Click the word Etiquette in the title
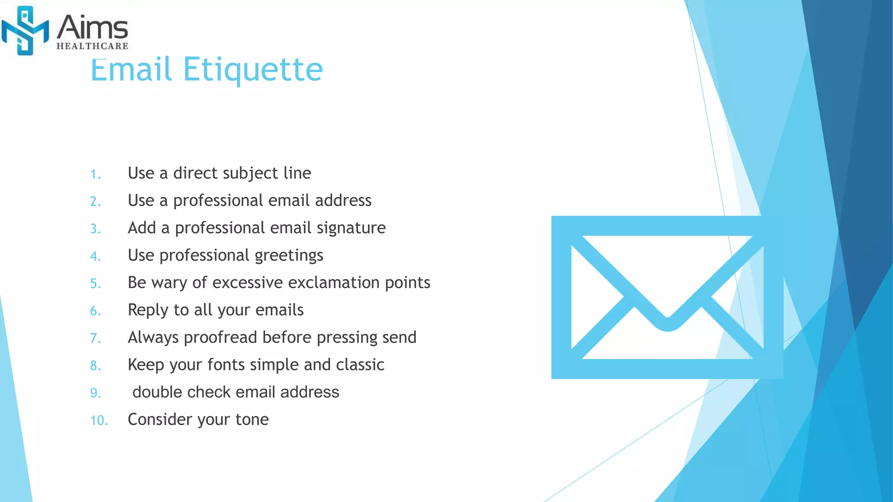pyautogui.click(x=253, y=70)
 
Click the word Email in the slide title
pyautogui.click(x=131, y=70)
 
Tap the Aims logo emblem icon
pyautogui.click(x=25, y=31)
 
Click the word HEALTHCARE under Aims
pyautogui.click(x=92, y=46)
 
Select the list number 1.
pyautogui.click(x=95, y=175)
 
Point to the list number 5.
pyautogui.click(x=95, y=284)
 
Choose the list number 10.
pyautogui.click(x=99, y=421)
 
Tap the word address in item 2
pyautogui.click(x=343, y=201)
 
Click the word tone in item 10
pyautogui.click(x=252, y=420)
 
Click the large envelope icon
pyautogui.click(x=667, y=297)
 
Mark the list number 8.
pyautogui.click(x=95, y=366)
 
